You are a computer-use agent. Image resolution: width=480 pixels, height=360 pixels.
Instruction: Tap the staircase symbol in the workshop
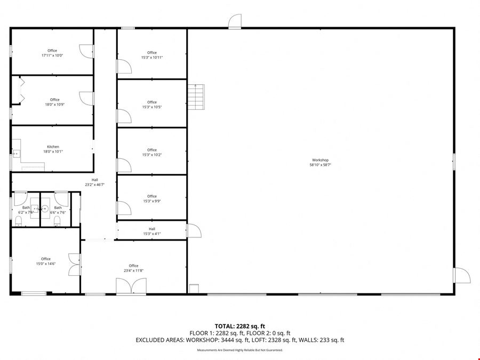pyautogui.click(x=196, y=97)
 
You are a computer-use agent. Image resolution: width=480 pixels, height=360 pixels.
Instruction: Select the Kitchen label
pyautogui.click(x=53, y=147)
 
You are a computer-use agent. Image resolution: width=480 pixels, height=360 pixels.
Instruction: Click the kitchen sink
pyautogui.click(x=16, y=153)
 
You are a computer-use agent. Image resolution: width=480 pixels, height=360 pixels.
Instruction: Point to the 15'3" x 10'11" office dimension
pyautogui.click(x=152, y=58)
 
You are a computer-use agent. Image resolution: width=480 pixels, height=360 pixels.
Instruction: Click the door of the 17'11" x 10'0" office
pyautogui.click(x=87, y=51)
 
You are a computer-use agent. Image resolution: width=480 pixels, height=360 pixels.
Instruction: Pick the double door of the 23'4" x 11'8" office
pyautogui.click(x=131, y=286)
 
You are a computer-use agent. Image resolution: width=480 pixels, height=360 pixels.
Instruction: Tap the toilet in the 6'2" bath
pyautogui.click(x=18, y=221)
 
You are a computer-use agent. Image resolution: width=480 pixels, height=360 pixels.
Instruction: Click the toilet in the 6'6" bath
pyautogui.click(x=57, y=221)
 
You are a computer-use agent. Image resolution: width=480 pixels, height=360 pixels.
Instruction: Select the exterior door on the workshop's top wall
pyautogui.click(x=235, y=21)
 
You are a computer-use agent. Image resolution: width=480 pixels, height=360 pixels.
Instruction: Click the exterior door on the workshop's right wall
pyautogui.click(x=462, y=275)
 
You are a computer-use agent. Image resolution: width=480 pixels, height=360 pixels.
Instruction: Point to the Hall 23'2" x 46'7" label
pyautogui.click(x=95, y=182)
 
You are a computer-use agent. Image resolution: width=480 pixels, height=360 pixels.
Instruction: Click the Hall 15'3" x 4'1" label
pyautogui.click(x=152, y=231)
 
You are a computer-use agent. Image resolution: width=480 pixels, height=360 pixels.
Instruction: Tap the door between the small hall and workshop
pyautogui.click(x=194, y=230)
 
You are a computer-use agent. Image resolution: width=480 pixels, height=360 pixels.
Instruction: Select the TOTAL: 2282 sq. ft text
pyautogui.click(x=239, y=326)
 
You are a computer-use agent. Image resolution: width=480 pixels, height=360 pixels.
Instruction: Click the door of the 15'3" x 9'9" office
pyautogui.click(x=124, y=208)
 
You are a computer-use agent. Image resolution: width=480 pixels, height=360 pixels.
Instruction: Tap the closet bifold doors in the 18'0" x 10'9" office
pyautogui.click(x=21, y=90)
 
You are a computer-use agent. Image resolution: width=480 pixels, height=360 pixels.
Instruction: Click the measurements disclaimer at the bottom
pyautogui.click(x=239, y=350)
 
